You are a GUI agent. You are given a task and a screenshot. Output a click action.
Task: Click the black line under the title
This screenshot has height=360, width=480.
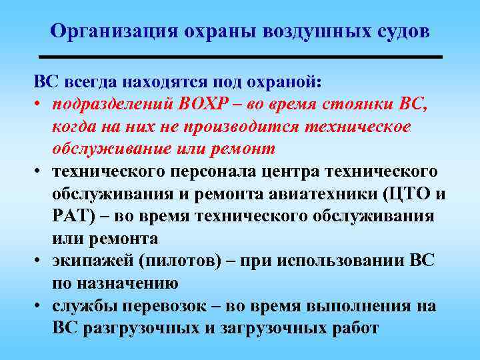pyautogui.click(x=241, y=58)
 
